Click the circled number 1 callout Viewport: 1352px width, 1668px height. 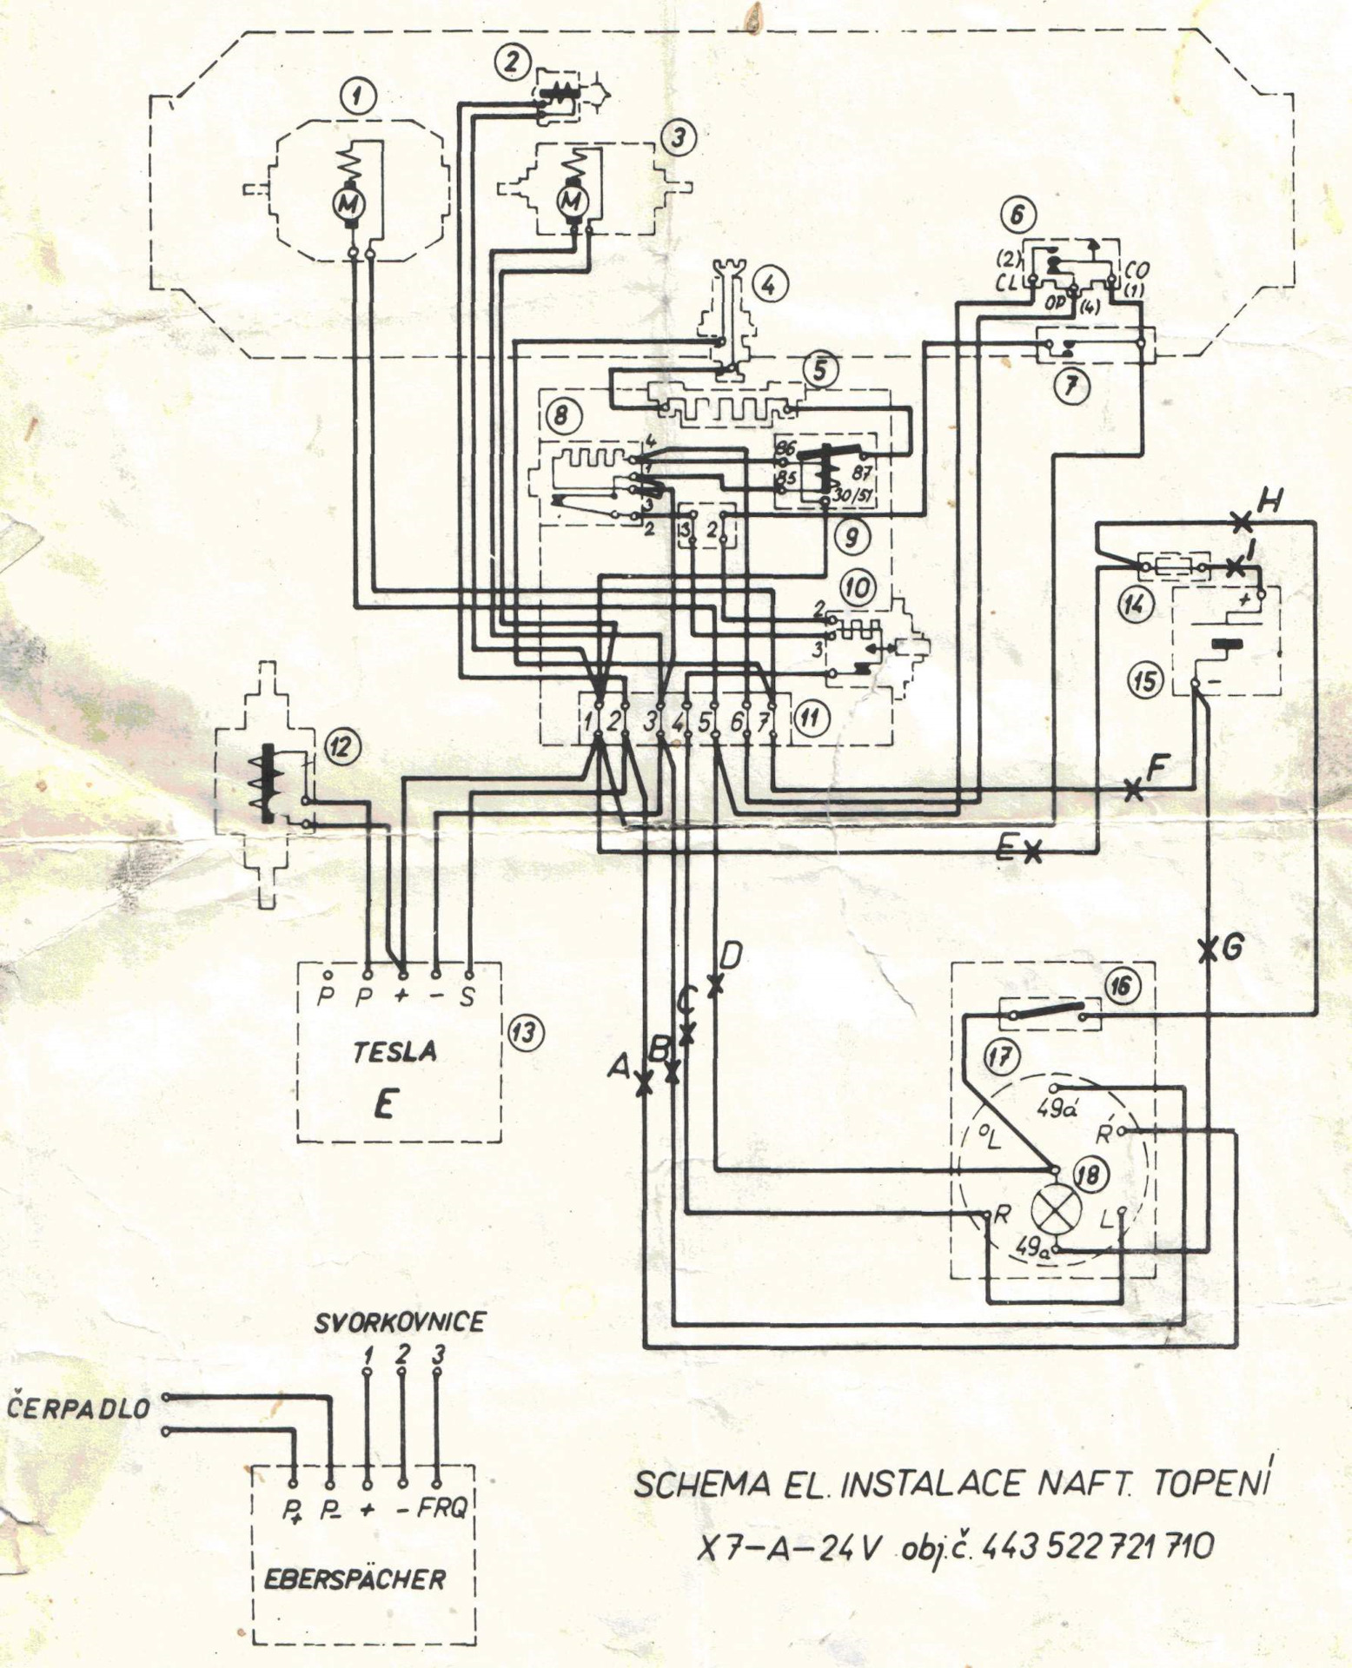(x=358, y=96)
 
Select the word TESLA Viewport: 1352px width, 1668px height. (x=394, y=1052)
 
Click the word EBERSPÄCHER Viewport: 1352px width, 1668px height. (x=355, y=1579)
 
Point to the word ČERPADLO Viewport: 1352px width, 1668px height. (x=79, y=1407)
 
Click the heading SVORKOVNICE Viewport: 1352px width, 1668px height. (x=400, y=1322)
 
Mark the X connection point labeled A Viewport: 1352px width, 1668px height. (x=644, y=1084)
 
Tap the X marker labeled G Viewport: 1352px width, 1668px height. (x=1208, y=950)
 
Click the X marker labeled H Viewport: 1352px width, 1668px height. (x=1243, y=522)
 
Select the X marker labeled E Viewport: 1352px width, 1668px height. (x=1032, y=852)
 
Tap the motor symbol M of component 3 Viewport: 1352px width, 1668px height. (x=572, y=202)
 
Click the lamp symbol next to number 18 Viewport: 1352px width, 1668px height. (x=1056, y=1210)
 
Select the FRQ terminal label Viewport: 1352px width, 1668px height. (x=442, y=1508)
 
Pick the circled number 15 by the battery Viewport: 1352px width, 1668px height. (x=1146, y=680)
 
